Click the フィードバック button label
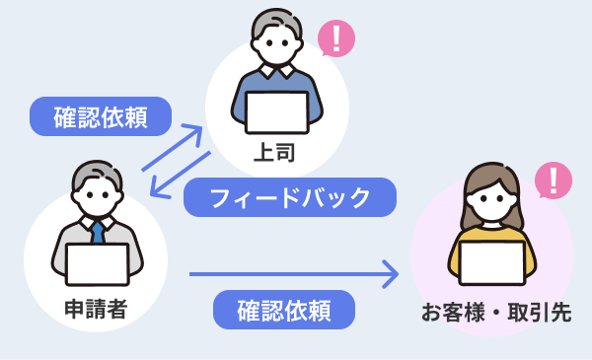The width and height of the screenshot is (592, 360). pyautogui.click(x=290, y=198)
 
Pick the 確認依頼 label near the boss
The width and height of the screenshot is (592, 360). pyautogui.click(x=101, y=116)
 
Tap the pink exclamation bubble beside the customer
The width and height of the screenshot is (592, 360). pyautogui.click(x=554, y=180)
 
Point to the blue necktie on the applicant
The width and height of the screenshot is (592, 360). pyautogui.click(x=98, y=233)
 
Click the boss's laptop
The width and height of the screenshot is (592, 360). pyautogui.click(x=276, y=112)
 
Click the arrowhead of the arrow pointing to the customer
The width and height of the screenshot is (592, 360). pyautogui.click(x=392, y=274)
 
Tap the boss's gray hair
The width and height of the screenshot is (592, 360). pyautogui.click(x=277, y=22)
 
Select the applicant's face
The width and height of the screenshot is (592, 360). pyautogui.click(x=97, y=198)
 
